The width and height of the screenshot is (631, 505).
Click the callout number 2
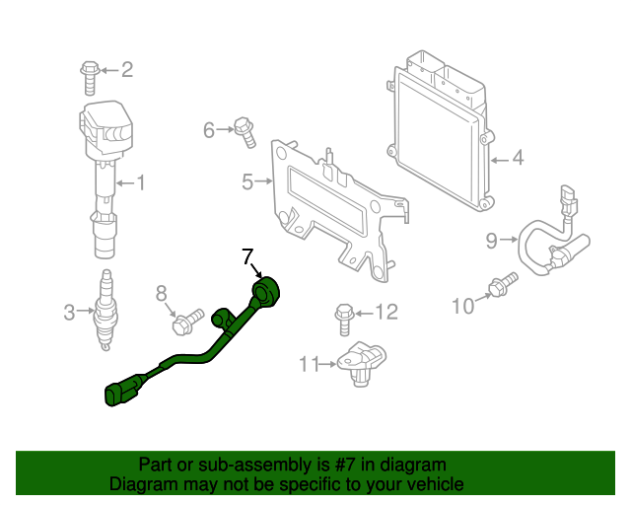(x=126, y=69)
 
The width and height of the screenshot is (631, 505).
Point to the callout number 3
(x=69, y=313)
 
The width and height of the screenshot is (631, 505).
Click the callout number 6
(x=209, y=129)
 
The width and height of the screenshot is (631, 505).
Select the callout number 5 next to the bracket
(x=247, y=180)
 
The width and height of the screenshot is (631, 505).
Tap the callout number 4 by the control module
(x=517, y=158)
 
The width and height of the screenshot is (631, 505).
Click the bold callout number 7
(x=248, y=258)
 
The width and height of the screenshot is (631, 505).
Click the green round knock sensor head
(x=267, y=292)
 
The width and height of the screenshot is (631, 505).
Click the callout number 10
(x=462, y=307)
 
